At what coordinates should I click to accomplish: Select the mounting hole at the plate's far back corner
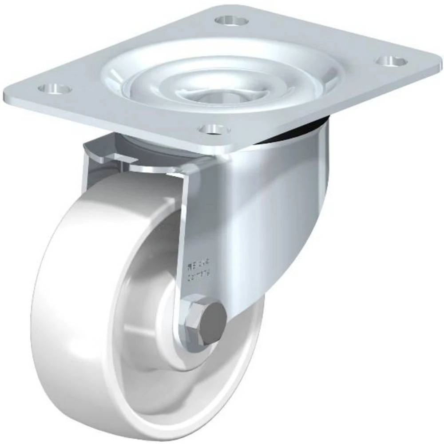pos(231,20)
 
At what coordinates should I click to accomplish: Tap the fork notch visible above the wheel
pos(102,153)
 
